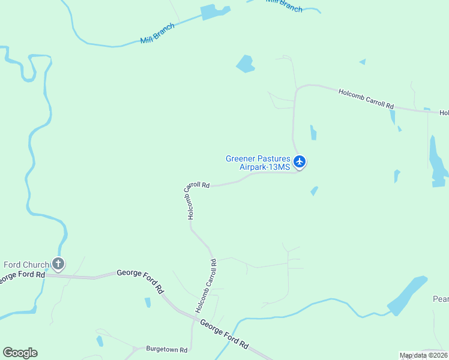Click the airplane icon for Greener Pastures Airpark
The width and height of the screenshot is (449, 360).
point(300,162)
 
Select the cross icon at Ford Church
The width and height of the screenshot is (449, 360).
point(58,263)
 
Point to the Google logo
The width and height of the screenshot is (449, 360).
point(20,353)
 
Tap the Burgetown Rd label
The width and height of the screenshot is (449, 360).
point(167,349)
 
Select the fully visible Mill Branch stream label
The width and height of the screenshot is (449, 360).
point(157,33)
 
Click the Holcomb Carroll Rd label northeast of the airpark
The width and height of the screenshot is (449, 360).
point(366,98)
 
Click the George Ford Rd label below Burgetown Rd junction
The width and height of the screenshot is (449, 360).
point(224,335)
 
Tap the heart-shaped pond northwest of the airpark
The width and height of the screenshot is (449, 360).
point(245,64)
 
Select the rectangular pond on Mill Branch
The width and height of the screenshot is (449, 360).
point(215,11)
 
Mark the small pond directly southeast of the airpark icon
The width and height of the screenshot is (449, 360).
point(314,191)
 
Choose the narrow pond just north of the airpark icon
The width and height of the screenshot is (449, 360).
point(313,133)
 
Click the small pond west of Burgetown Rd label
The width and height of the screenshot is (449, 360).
point(100,341)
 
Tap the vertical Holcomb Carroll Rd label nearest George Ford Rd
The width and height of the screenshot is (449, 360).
point(205,286)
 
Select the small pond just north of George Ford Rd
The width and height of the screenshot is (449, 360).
point(148,302)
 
